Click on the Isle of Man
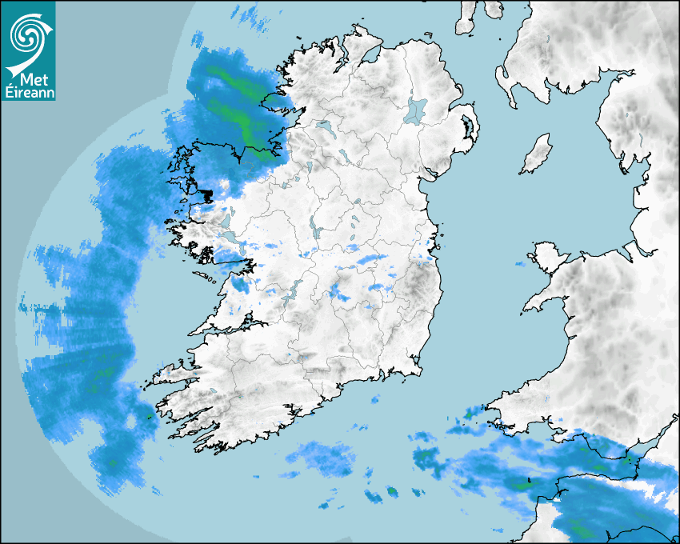tap(537, 154)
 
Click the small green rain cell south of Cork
tap(392, 491)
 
